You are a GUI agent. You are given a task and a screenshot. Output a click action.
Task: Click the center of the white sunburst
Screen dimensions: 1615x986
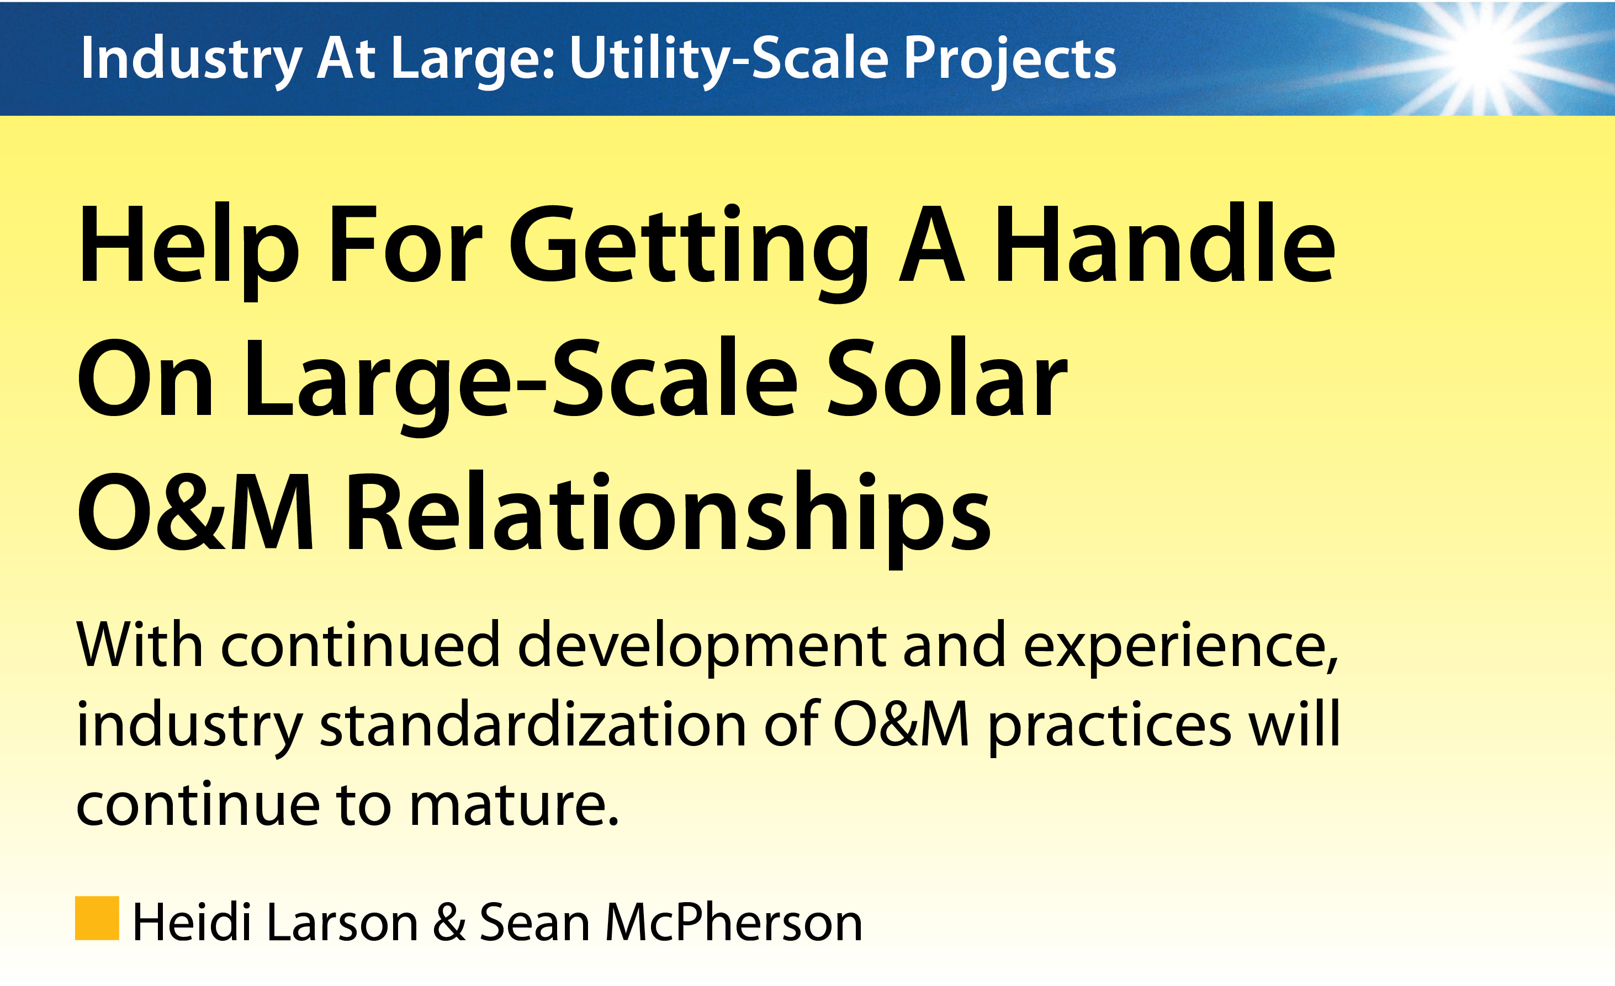pyautogui.click(x=1482, y=52)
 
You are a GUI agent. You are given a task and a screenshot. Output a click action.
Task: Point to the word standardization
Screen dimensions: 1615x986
pyautogui.click(x=533, y=725)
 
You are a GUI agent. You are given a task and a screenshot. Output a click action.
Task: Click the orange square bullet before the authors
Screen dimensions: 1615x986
pyautogui.click(x=97, y=918)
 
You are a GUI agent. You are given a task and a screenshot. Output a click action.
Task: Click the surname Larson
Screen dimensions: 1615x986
pyautogui.click(x=343, y=923)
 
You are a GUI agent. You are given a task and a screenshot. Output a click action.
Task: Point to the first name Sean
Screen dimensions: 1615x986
pyautogui.click(x=534, y=923)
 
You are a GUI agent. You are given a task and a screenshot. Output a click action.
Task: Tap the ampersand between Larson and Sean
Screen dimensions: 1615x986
pyautogui.click(x=449, y=923)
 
